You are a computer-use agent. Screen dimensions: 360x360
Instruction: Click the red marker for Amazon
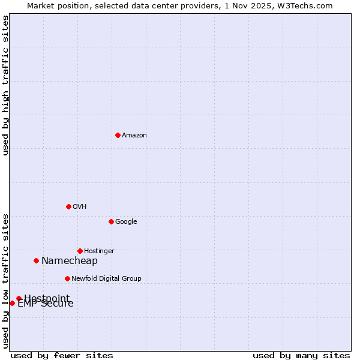pyautogui.click(x=118, y=135)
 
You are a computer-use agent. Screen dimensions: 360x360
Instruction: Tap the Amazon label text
pyautogui.click(x=134, y=136)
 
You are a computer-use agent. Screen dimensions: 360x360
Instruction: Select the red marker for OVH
pyautogui.click(x=68, y=206)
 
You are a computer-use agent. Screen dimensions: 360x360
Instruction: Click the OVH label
pyautogui.click(x=80, y=207)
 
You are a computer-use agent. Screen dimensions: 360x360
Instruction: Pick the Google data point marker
pyautogui.click(x=111, y=221)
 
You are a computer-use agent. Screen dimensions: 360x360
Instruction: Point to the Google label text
pyautogui.click(x=126, y=222)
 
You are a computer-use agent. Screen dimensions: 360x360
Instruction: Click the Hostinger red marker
pyautogui.click(x=80, y=251)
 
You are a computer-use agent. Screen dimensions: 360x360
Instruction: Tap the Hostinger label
pyautogui.click(x=99, y=251)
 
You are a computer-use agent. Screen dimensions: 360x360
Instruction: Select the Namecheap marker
pyautogui.click(x=36, y=260)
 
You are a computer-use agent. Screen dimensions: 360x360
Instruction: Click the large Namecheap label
pyautogui.click(x=70, y=261)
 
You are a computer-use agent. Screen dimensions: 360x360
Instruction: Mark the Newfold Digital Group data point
pyautogui.click(x=67, y=278)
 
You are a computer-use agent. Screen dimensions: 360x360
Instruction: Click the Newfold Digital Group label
pyautogui.click(x=106, y=279)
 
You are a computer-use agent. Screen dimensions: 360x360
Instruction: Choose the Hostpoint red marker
pyautogui.click(x=19, y=298)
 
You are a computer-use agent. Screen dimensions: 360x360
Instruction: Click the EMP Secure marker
pyautogui.click(x=12, y=303)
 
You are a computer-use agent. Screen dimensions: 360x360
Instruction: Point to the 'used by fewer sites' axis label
pyautogui.click(x=62, y=355)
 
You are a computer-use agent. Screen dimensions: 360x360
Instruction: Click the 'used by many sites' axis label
pyautogui.click(x=301, y=355)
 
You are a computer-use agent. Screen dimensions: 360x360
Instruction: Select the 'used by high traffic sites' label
pyautogui.click(x=5, y=85)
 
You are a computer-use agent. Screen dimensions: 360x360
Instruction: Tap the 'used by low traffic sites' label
pyautogui.click(x=5, y=281)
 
